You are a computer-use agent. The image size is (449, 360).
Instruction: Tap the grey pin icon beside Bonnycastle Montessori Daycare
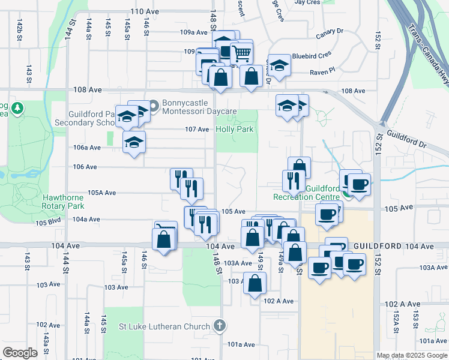(x=153, y=107)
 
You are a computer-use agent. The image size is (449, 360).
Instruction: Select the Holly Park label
(x=235, y=129)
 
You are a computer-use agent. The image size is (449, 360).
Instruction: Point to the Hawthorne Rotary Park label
(x=67, y=201)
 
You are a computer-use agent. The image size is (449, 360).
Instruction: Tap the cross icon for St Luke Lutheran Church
(x=220, y=326)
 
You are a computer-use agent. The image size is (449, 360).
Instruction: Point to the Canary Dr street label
(x=330, y=31)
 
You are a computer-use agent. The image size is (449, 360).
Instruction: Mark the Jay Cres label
(x=307, y=2)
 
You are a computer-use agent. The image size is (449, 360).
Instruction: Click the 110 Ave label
(x=143, y=11)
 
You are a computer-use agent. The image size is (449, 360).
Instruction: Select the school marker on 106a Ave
(x=134, y=143)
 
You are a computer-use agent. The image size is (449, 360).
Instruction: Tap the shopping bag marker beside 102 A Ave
(x=255, y=284)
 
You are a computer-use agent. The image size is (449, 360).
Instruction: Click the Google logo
(x=20, y=353)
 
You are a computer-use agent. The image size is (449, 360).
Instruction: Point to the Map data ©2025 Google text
(x=411, y=355)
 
